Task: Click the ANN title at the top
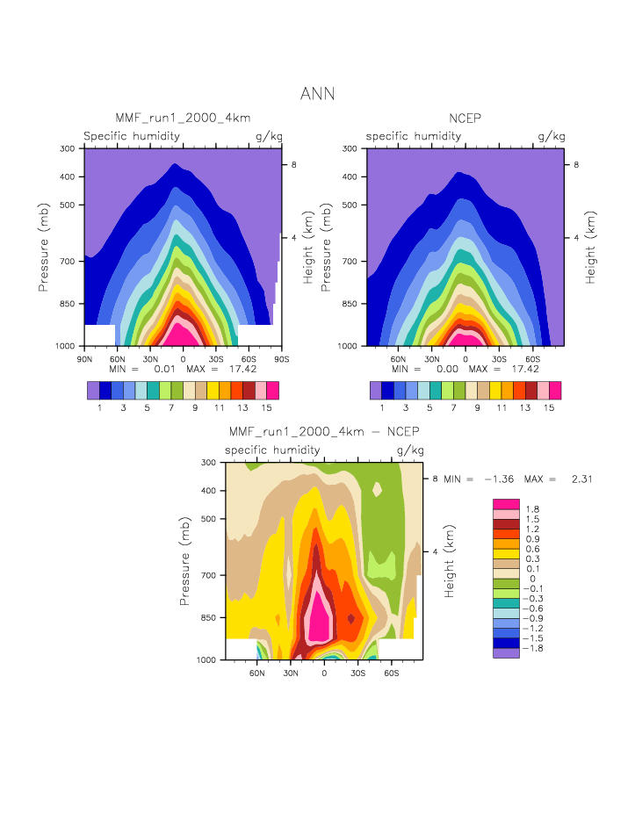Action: [317, 94]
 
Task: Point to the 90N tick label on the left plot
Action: [85, 359]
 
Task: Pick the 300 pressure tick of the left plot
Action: [67, 148]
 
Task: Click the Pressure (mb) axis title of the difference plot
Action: [185, 560]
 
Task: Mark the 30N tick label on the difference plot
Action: [291, 673]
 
